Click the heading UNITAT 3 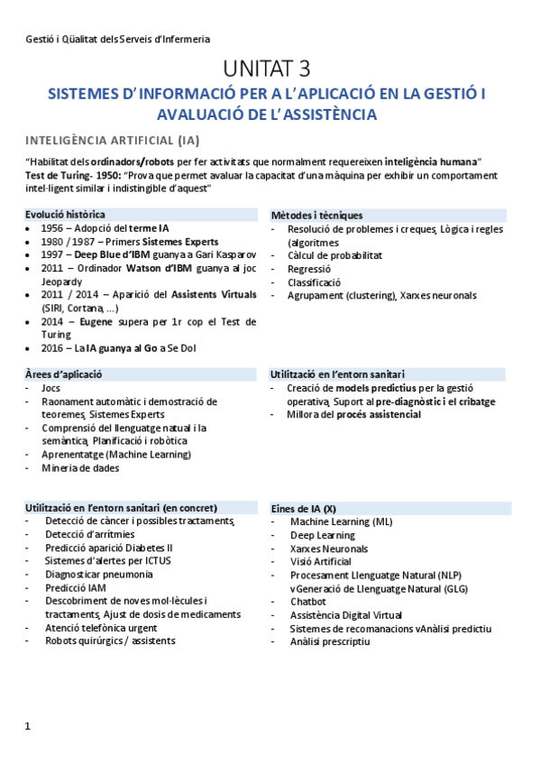tap(269, 69)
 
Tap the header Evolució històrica tap(65, 215)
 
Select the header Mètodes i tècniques tap(316, 215)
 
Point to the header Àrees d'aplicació tap(64, 373)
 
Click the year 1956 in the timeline tap(52, 228)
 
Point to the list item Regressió tap(309, 269)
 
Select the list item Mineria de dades tap(80, 468)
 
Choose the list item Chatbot tap(307, 601)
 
